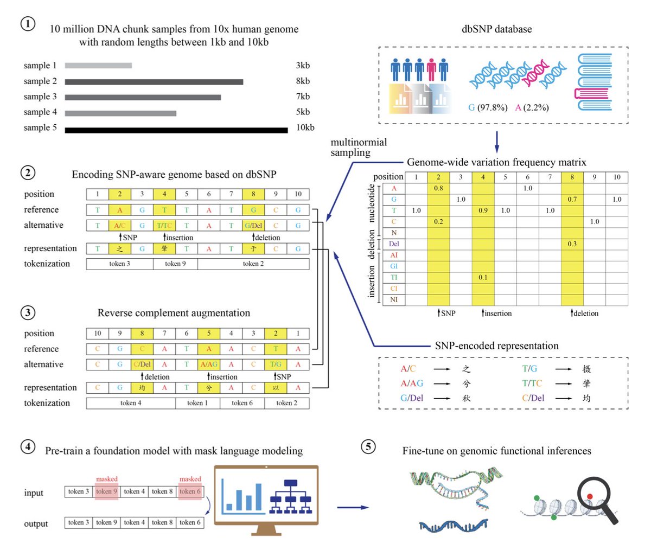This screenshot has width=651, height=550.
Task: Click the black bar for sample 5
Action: point(176,130)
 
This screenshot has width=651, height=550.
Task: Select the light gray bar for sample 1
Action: point(98,66)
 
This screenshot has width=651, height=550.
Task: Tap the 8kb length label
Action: point(302,81)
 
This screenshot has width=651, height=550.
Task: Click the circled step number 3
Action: point(28,312)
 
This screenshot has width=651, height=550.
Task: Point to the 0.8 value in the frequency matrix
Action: point(438,188)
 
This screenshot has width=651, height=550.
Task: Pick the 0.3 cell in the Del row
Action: point(572,244)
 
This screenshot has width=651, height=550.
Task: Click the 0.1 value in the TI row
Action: point(483,277)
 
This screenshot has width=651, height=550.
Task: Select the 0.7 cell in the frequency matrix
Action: point(572,200)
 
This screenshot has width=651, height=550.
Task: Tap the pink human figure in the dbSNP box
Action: point(432,70)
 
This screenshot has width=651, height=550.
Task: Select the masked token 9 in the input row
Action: point(106,491)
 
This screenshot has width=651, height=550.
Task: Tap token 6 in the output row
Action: point(190,522)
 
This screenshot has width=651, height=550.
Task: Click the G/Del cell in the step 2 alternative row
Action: point(253,226)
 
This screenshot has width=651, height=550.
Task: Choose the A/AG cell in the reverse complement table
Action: point(209,364)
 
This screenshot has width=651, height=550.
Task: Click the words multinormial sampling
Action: point(359,148)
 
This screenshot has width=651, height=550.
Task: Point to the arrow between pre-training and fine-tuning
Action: point(353,508)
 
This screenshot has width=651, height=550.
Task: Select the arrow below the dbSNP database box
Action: point(496,142)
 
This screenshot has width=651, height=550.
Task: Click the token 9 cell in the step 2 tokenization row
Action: point(175,264)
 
